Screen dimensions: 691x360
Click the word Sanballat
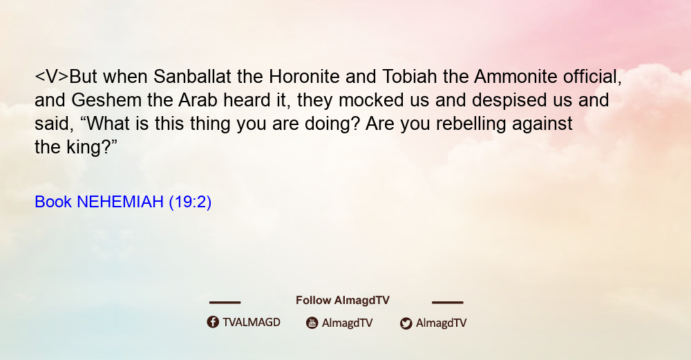pos(192,77)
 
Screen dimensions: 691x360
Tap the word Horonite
pos(304,77)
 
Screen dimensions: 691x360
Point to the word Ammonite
pos(515,77)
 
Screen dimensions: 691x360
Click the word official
pos(592,77)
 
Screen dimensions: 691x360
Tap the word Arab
pos(198,100)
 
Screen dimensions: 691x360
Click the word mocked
pos(371,100)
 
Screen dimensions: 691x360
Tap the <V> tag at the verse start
pos(52,77)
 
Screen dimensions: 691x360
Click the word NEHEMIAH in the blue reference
pos(120,202)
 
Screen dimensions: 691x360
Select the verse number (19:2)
pos(190,202)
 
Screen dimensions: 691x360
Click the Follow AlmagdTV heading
pos(343,301)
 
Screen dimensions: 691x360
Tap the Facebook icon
pos(213,322)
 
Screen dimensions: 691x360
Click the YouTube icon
pos(312,323)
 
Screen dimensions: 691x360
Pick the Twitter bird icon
pos(406,323)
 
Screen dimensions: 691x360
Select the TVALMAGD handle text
pos(252,323)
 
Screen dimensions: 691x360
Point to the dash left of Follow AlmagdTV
pos(225,303)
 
